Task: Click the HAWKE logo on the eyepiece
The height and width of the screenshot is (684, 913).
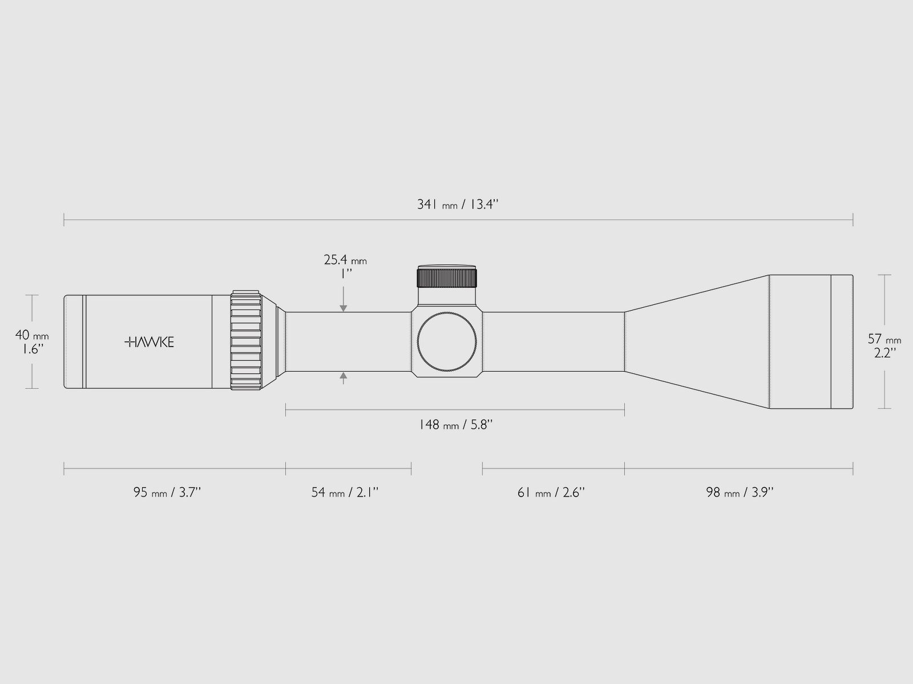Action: [149, 342]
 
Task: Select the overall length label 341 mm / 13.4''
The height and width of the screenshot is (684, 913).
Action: [458, 205]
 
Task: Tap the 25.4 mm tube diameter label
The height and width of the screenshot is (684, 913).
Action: [345, 260]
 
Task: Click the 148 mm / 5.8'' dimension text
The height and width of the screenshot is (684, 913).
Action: [455, 425]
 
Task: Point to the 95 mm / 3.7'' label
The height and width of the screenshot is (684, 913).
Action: [167, 492]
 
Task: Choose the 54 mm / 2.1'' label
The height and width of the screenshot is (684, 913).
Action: [345, 492]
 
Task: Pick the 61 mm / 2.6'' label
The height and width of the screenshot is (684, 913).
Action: [551, 492]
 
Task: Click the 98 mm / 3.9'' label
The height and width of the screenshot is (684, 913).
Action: [740, 492]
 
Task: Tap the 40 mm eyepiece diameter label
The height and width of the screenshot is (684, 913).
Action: [31, 336]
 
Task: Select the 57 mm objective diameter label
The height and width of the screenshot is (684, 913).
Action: [884, 339]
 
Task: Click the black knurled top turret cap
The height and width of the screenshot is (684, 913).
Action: [447, 278]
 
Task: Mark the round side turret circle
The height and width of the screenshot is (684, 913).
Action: [447, 342]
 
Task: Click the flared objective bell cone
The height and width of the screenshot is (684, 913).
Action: [696, 342]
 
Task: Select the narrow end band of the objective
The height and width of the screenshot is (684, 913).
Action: [842, 342]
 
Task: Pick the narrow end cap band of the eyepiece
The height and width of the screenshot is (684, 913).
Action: [74, 342]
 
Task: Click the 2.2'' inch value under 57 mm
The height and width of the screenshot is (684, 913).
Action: [884, 353]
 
